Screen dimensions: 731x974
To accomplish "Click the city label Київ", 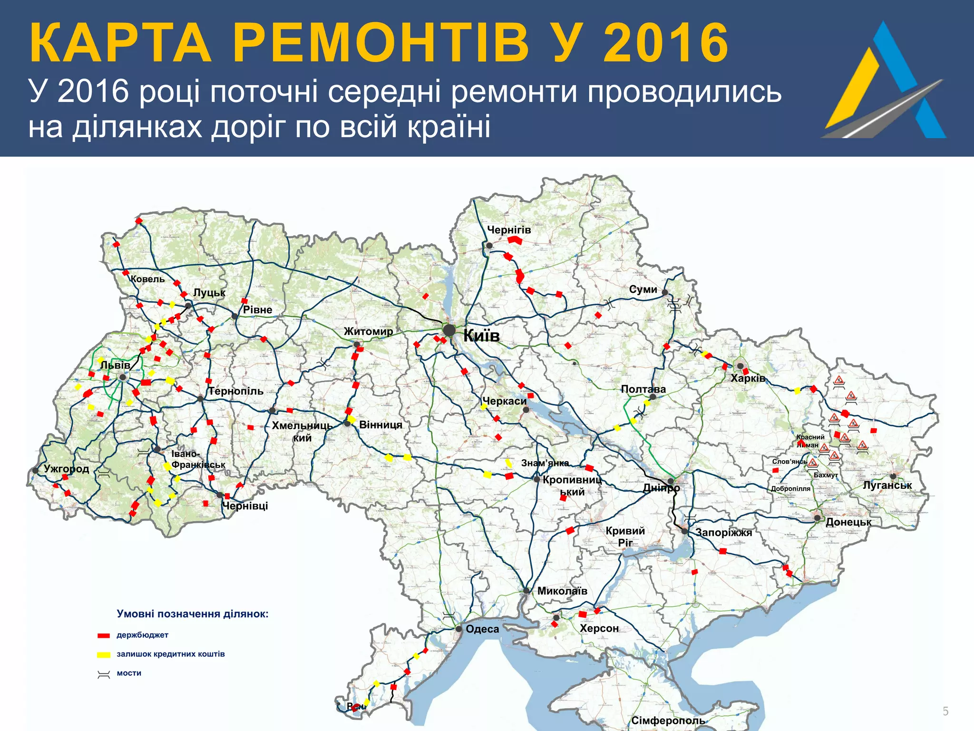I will (x=481, y=336).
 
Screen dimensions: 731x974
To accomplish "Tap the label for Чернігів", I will (x=508, y=230).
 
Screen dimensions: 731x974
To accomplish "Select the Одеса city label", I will (x=482, y=629).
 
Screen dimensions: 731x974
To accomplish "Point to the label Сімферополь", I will (x=668, y=721).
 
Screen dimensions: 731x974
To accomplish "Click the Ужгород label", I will (x=67, y=469).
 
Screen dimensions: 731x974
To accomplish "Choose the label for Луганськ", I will (x=887, y=485).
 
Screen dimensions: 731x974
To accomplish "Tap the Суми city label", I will (x=643, y=289).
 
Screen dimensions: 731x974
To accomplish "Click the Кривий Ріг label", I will (x=625, y=536).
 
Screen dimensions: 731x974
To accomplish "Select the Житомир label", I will (x=369, y=331).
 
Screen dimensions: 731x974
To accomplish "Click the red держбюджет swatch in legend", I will (x=104, y=636).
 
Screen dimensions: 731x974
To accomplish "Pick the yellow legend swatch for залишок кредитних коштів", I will (x=104, y=655).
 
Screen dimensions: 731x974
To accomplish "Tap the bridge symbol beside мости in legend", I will (x=104, y=674).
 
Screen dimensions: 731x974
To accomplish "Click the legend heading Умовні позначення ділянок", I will (x=193, y=614).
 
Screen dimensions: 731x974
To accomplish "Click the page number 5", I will (x=945, y=711).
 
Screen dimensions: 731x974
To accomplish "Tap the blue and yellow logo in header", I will (x=885, y=81).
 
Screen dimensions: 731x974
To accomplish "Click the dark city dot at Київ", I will (x=449, y=330).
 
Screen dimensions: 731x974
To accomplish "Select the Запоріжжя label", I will (x=724, y=533).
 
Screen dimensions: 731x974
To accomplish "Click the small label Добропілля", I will (x=790, y=489).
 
